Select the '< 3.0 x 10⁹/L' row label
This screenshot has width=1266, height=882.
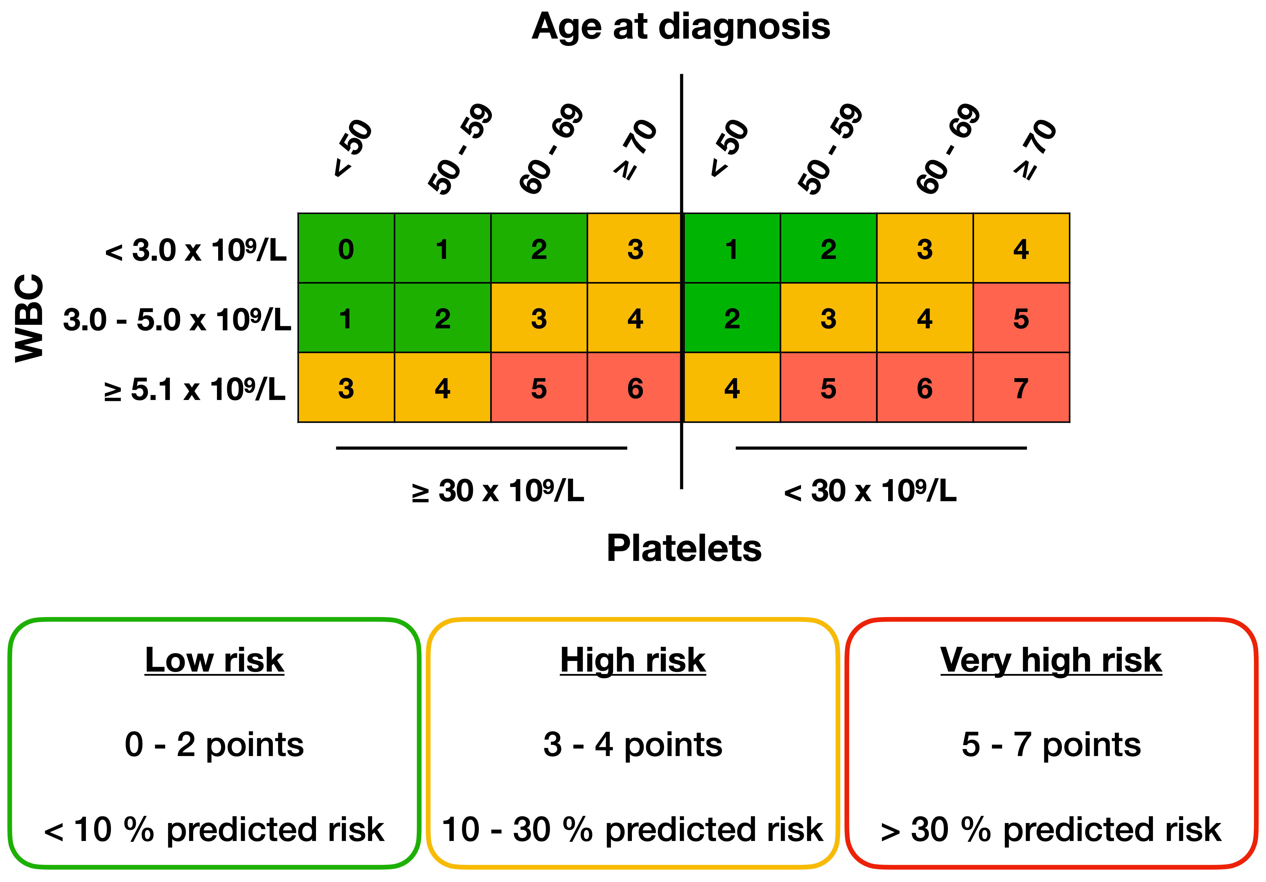coord(196,250)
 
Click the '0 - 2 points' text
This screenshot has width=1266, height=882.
coord(215,745)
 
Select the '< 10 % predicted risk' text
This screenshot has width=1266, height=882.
coord(215,829)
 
